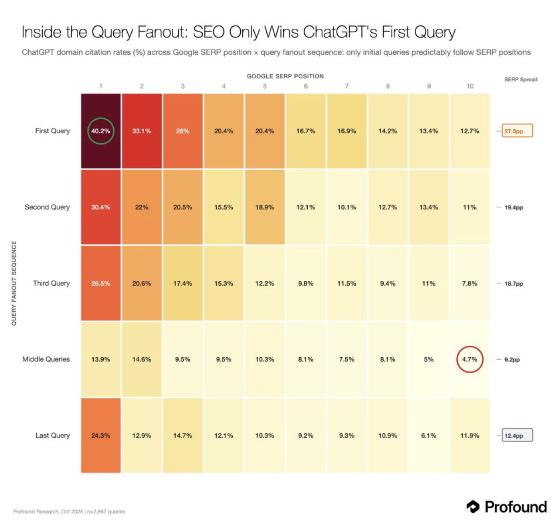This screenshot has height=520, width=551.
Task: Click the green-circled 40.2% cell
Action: point(101,131)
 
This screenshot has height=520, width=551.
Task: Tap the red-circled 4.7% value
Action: point(469,360)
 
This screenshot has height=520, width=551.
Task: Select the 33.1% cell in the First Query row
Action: point(142,131)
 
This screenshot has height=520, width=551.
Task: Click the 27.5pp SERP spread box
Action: point(517,131)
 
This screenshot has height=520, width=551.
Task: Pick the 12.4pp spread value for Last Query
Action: point(517,436)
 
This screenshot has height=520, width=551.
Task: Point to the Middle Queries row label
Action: point(46,359)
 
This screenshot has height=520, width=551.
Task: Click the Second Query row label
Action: point(47,207)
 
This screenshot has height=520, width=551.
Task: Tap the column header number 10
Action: point(469,86)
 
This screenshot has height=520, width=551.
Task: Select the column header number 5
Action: point(265,86)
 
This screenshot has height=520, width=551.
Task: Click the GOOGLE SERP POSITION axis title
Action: point(285,76)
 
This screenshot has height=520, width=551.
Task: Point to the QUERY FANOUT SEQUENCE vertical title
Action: point(14,283)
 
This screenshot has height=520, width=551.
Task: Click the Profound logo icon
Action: point(473,506)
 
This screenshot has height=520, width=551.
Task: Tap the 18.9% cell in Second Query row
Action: point(265,207)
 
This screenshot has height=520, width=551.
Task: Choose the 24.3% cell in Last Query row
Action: point(101,436)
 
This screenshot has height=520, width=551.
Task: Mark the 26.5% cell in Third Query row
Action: point(101,284)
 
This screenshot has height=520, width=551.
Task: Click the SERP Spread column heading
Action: point(520,80)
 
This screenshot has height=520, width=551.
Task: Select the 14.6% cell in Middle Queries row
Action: point(142,360)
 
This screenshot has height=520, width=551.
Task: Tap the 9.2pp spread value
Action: point(512,360)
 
